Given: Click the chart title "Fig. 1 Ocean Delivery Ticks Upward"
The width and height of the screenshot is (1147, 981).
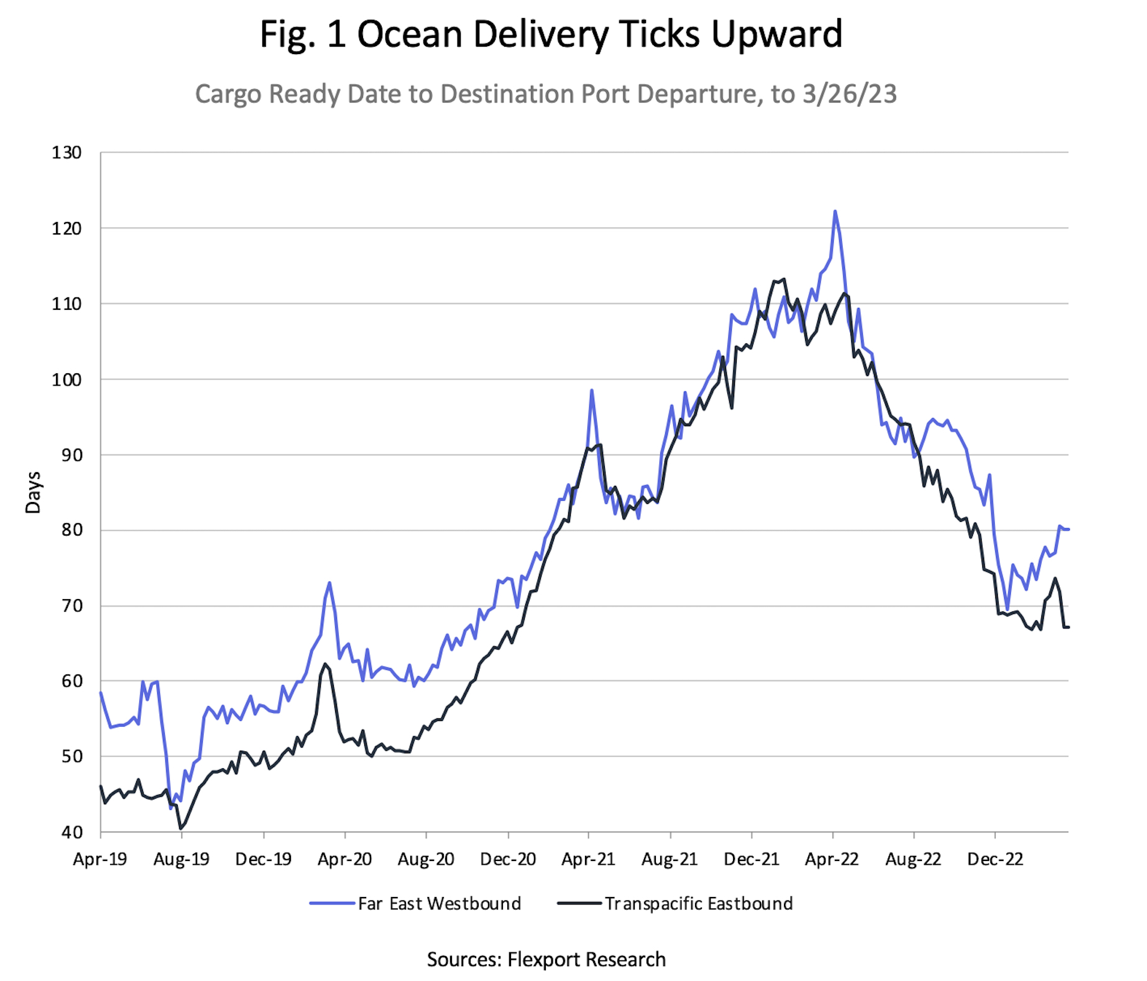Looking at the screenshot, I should click(551, 34).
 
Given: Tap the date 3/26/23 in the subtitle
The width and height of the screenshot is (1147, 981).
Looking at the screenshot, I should click(849, 95).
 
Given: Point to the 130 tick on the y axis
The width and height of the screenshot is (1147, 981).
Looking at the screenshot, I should click(67, 153).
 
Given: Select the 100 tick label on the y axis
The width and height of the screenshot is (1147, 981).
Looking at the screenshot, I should click(67, 379).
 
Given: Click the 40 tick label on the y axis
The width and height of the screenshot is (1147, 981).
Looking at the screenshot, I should click(71, 832).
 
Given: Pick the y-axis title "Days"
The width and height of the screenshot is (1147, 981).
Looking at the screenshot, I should click(33, 492).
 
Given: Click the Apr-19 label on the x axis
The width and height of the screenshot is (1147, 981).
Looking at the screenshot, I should click(100, 860).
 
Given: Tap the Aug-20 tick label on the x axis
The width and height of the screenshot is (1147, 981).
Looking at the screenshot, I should click(426, 860).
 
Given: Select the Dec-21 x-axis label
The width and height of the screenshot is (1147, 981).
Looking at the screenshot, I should click(752, 860).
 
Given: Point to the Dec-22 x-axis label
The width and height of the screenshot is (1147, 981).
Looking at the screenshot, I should click(995, 860).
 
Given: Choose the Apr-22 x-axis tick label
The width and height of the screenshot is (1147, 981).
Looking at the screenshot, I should click(832, 860).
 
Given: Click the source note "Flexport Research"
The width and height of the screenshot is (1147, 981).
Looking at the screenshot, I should click(586, 959).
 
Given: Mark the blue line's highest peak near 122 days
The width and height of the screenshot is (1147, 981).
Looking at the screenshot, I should click(835, 212).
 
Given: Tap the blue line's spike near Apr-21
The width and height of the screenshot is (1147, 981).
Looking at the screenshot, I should click(592, 391).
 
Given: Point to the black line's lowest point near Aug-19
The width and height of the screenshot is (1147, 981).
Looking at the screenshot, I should click(180, 829).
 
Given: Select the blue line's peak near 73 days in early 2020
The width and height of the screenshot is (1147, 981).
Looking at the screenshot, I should click(329, 583).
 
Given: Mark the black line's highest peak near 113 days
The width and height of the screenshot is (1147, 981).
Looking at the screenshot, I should click(784, 279).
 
